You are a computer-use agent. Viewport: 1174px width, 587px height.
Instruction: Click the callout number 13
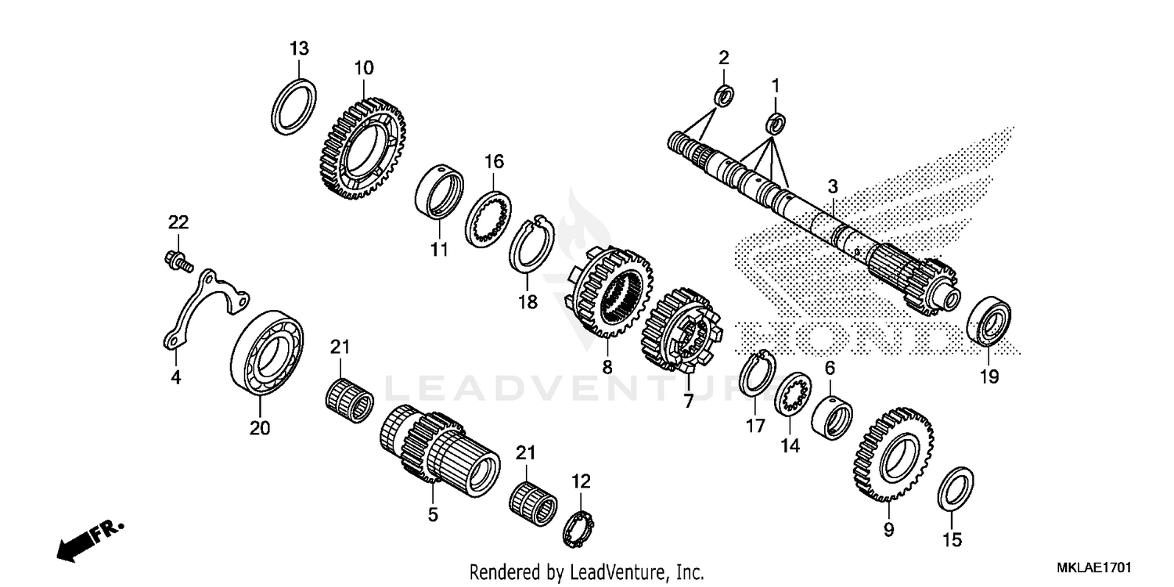tap(299, 49)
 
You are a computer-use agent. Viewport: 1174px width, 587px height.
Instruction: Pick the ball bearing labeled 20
tap(268, 354)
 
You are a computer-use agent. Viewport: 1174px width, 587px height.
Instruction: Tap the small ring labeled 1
tap(776, 121)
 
